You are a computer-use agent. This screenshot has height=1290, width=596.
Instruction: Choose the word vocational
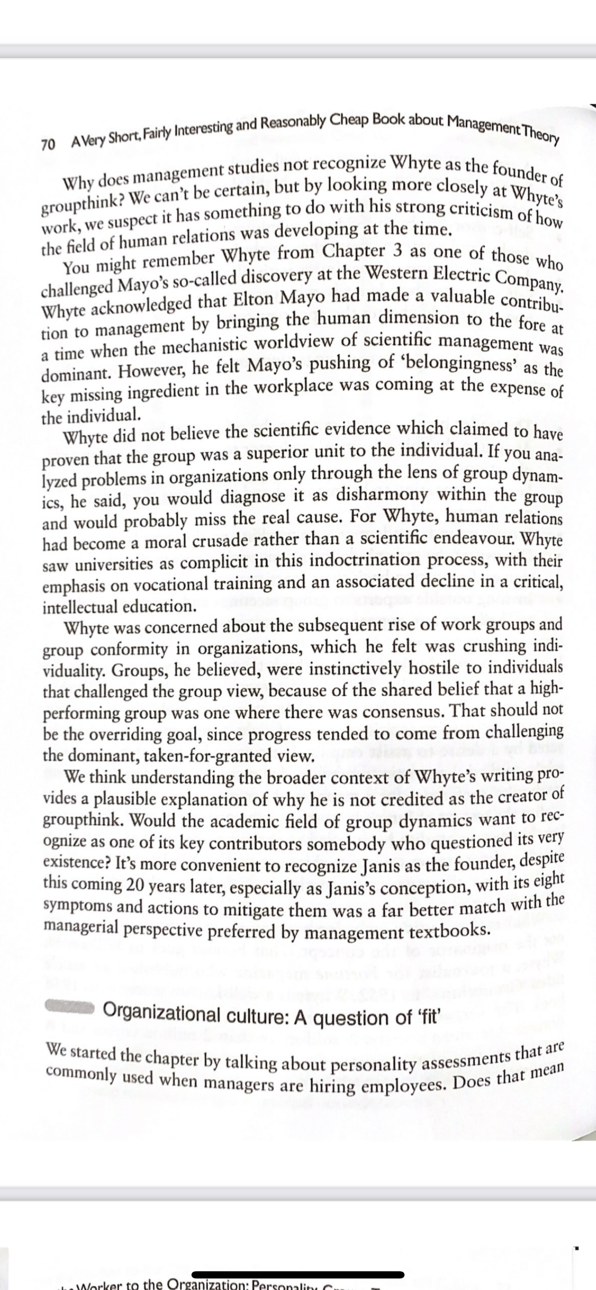153,585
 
